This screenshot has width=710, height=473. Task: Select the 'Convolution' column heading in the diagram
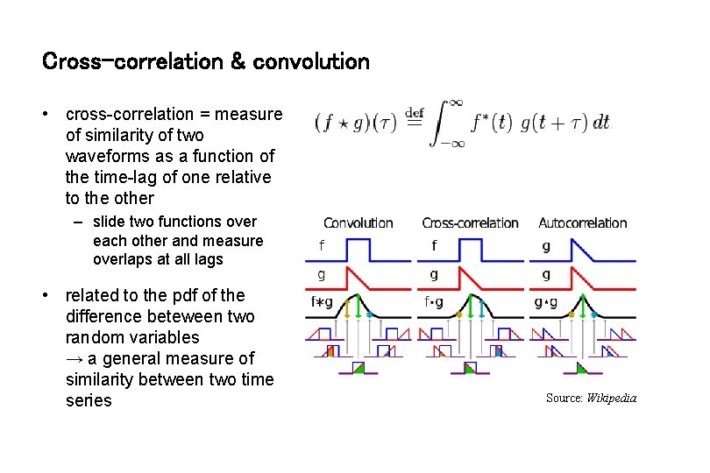(x=359, y=223)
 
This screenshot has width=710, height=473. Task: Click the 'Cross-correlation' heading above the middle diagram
(x=471, y=223)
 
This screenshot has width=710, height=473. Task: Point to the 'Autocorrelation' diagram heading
(x=583, y=223)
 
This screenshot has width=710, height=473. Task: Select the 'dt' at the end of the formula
(x=601, y=124)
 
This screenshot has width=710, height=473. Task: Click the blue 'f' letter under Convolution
(x=321, y=246)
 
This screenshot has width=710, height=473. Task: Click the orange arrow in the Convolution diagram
(x=347, y=307)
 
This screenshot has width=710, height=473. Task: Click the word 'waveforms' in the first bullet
(x=102, y=156)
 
